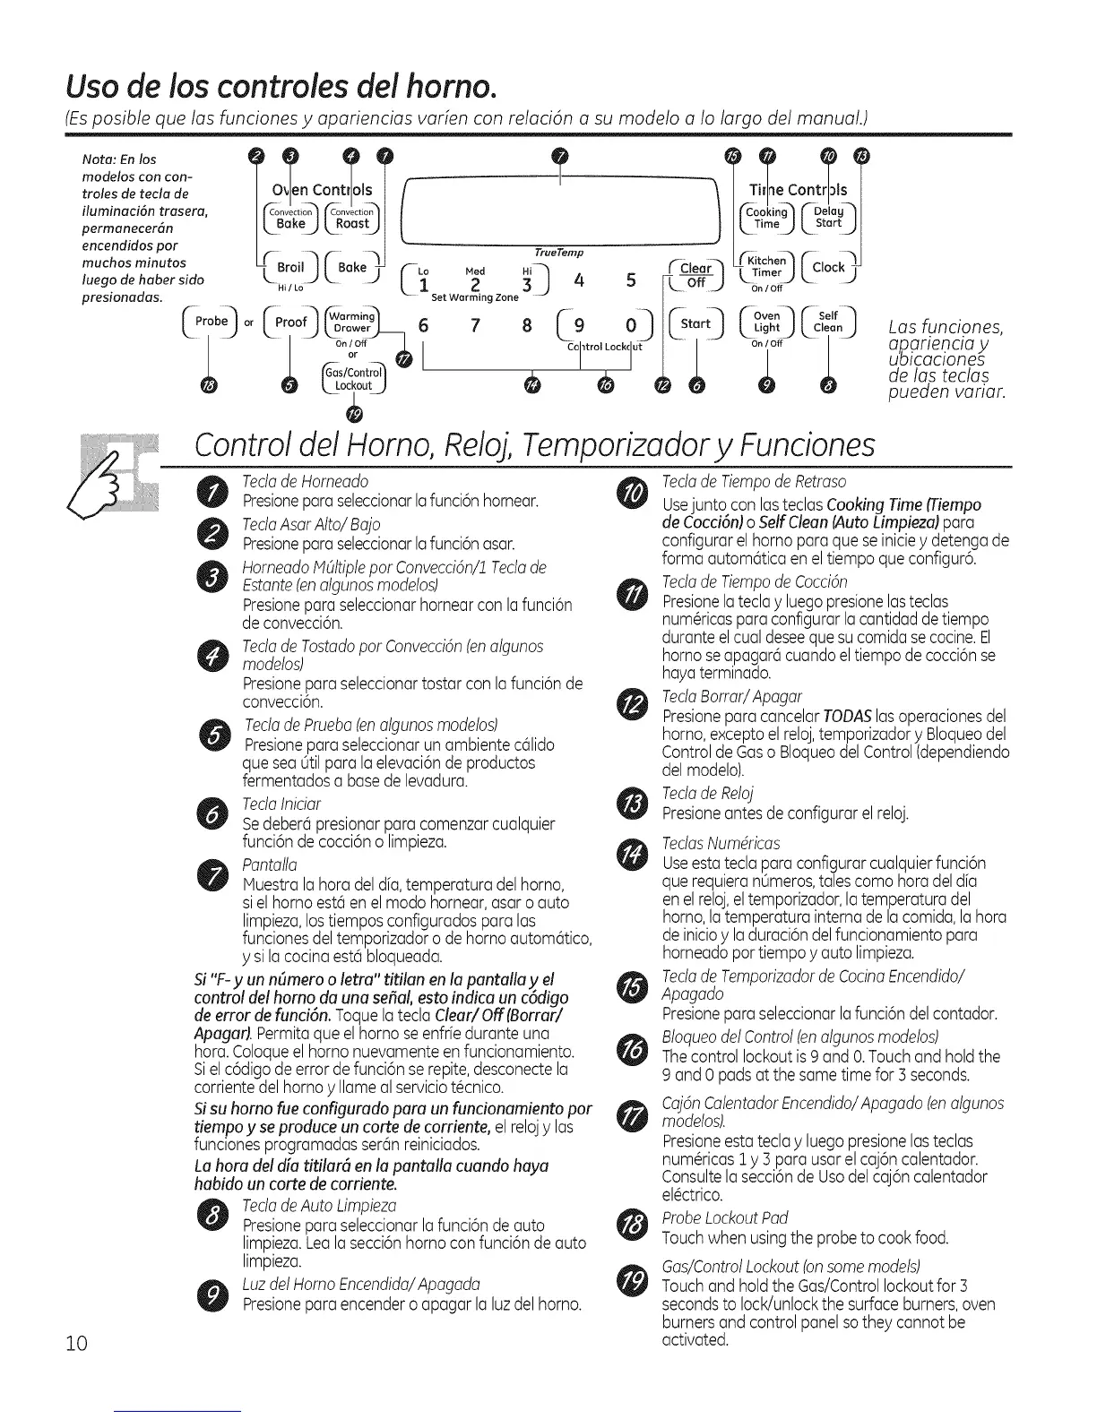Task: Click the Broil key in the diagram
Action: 290,268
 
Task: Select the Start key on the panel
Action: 695,322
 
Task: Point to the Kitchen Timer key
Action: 766,268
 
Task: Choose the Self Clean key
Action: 828,322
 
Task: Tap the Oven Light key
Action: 766,322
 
